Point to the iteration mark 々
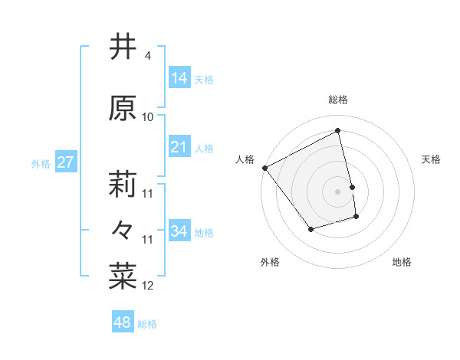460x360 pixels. pyautogui.click(x=123, y=229)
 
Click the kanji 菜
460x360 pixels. pyautogui.click(x=123, y=275)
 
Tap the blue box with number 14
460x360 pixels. pyautogui.click(x=179, y=78)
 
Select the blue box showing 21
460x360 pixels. pyautogui.click(x=179, y=147)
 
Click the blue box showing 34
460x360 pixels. pyautogui.click(x=179, y=231)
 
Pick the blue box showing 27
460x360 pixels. pyautogui.click(x=65, y=162)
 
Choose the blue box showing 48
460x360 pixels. pyautogui.click(x=123, y=322)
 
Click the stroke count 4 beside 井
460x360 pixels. pyautogui.click(x=147, y=56)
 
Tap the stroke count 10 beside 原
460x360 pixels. pyautogui.click(x=148, y=117)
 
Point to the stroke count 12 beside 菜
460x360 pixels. pyautogui.click(x=148, y=286)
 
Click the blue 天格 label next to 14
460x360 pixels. pyautogui.click(x=204, y=79)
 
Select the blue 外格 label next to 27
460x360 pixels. pyautogui.click(x=41, y=163)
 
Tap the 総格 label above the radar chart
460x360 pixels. pyautogui.click(x=338, y=100)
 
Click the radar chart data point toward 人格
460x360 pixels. pyautogui.click(x=264, y=168)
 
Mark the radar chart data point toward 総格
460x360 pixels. pyautogui.click(x=338, y=130)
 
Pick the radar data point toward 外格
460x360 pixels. pyautogui.click(x=310, y=228)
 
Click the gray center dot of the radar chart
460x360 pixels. pyautogui.click(x=338, y=191)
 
